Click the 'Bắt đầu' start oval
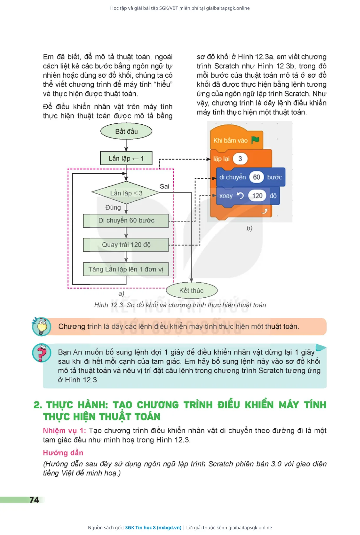tap(126, 131)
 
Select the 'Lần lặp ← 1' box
tap(126, 158)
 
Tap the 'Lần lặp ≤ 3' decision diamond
tap(126, 193)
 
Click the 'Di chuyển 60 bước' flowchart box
tap(126, 220)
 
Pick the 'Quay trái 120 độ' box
tap(126, 244)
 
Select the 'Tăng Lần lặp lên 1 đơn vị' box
tap(126, 269)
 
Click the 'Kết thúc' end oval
tap(192, 291)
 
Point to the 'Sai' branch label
tap(164, 186)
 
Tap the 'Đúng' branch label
tap(113, 207)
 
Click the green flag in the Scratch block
tap(255, 140)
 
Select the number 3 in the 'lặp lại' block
tap(240, 159)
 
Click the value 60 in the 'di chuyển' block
tap(256, 177)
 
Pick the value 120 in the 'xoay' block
tap(257, 196)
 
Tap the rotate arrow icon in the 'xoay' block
tap(240, 196)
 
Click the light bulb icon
tap(41, 326)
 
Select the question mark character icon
tap(41, 353)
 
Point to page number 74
tap(34, 500)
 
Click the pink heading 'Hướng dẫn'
tap(63, 453)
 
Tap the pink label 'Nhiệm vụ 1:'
tap(64, 430)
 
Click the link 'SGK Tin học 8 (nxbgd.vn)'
tap(153, 527)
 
